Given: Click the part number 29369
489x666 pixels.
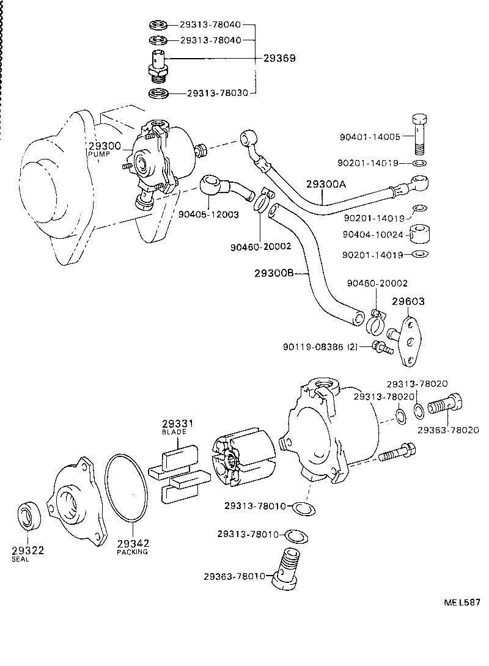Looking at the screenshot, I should point(279,59).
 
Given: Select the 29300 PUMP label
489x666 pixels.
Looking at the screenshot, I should point(105,148).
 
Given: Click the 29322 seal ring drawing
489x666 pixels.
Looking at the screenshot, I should point(28,514).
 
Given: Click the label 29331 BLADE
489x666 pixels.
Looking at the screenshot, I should point(178,426).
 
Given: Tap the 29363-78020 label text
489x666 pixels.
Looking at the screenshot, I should point(448,430).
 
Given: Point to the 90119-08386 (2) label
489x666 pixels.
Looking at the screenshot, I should point(320,347).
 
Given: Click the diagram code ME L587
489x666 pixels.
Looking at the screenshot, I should point(461,602).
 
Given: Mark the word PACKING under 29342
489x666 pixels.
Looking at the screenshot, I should point(133,552).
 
